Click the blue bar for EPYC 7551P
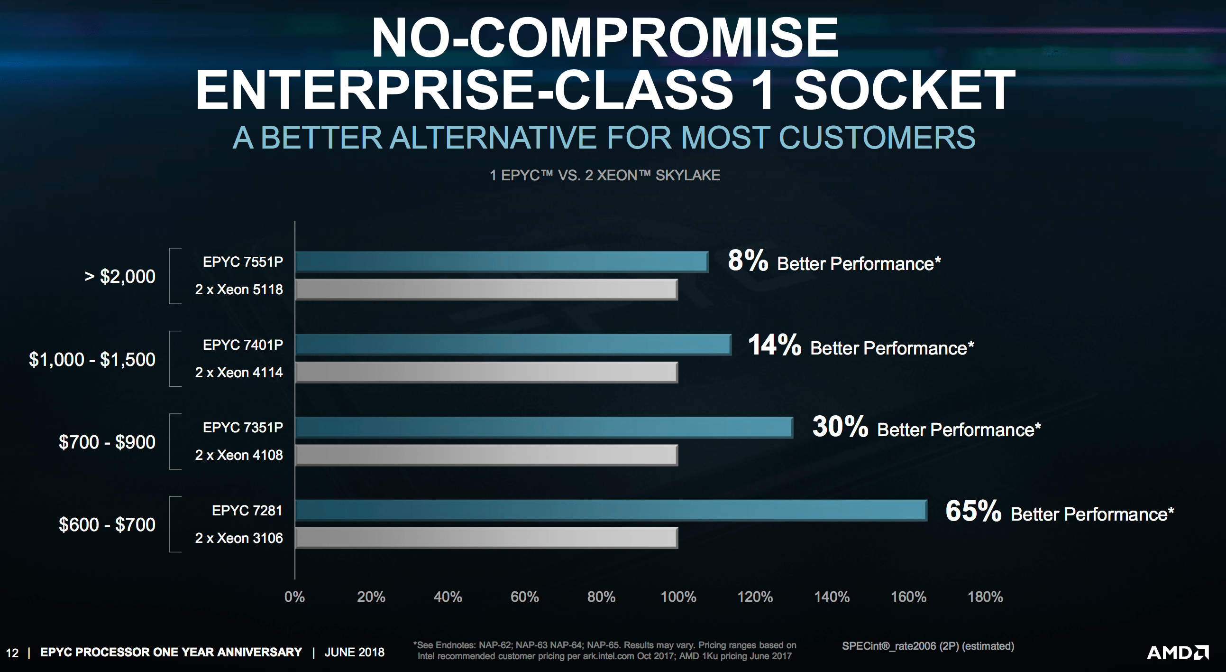[501, 261]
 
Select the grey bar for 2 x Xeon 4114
[486, 372]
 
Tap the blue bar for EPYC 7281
[611, 510]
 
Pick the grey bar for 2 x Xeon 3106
[486, 538]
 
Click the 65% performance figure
[973, 511]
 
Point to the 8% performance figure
[747, 261]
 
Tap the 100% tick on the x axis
[678, 597]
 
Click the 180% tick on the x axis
[985, 597]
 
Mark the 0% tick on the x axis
[294, 597]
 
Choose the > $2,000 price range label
[119, 276]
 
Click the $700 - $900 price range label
[107, 442]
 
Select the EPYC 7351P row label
[243, 428]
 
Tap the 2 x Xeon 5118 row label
[239, 289]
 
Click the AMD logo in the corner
[1178, 652]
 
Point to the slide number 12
[12, 653]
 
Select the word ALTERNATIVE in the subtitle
[493, 138]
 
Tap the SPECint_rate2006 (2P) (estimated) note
[928, 646]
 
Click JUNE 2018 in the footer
[354, 652]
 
